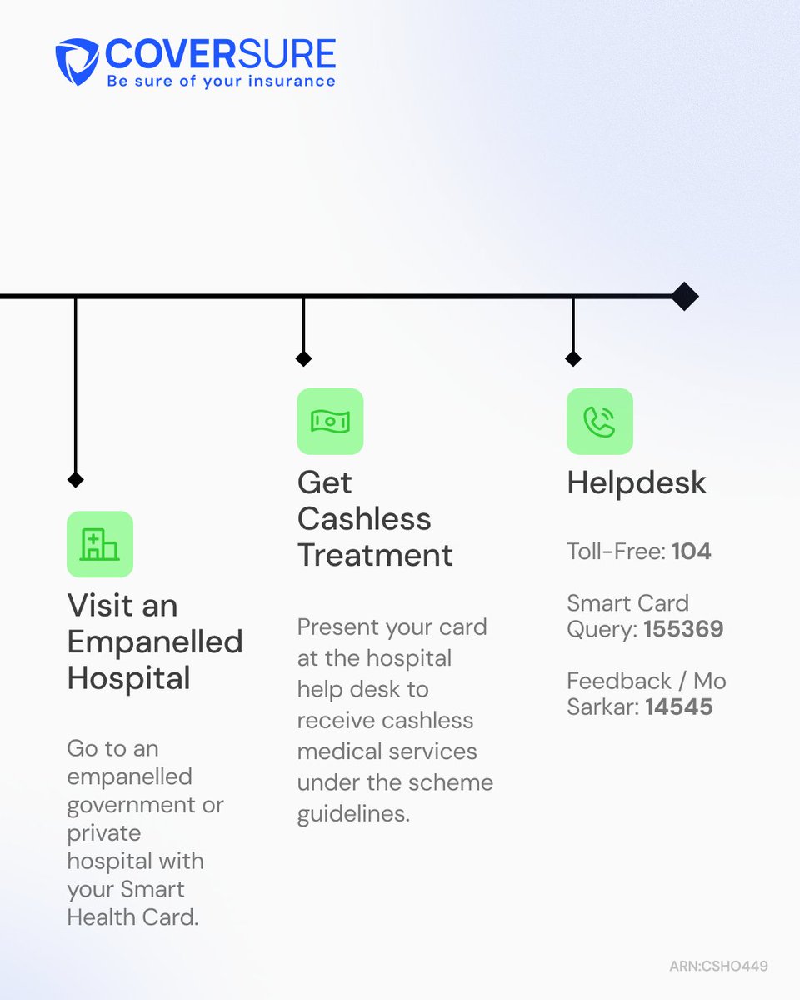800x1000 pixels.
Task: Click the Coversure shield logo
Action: (77, 62)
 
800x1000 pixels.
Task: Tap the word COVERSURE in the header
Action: (220, 54)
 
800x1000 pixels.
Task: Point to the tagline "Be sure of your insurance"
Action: (222, 82)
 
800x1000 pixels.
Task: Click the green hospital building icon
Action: (100, 544)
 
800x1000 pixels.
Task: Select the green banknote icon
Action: (330, 422)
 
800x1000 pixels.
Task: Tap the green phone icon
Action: (600, 422)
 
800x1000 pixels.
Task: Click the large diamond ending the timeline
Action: (685, 296)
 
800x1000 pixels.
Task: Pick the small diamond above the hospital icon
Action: (75, 479)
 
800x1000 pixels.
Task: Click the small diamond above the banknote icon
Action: (303, 358)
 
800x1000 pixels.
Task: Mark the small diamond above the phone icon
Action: (573, 358)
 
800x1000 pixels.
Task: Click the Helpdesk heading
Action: (637, 483)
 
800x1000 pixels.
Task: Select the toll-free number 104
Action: (691, 552)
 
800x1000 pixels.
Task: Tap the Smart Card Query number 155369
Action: (684, 629)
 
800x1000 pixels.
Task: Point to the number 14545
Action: (679, 707)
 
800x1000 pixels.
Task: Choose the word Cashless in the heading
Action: (364, 519)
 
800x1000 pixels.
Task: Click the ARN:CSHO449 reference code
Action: (718, 966)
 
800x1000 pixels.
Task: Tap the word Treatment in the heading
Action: (376, 555)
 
